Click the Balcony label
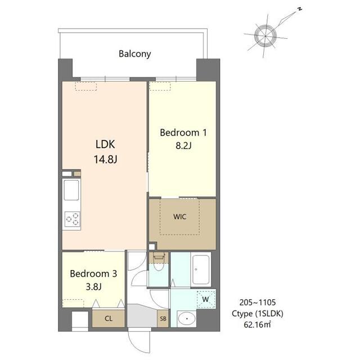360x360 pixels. pos(135,54)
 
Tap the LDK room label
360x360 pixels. pos(105,145)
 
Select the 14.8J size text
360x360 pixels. pos(105,159)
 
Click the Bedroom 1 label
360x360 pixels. pos(183,133)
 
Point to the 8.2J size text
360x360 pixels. pos(183,146)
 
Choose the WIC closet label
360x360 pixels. pos(180,217)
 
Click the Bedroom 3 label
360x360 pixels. pos(93,274)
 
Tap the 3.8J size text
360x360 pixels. pos(94,287)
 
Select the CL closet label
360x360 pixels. pos(109,319)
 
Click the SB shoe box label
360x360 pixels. pos(163,319)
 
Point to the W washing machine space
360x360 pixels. pos(206,299)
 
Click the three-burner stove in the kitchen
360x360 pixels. pos(73,219)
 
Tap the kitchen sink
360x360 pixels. pos(71,190)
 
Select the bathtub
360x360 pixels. pos(201,270)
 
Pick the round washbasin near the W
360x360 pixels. pos(187,319)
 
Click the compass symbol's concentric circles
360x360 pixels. pos(265,36)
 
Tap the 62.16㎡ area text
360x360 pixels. pos(257,325)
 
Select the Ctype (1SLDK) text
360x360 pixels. pos(258,314)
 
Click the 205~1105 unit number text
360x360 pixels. pos(258,303)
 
